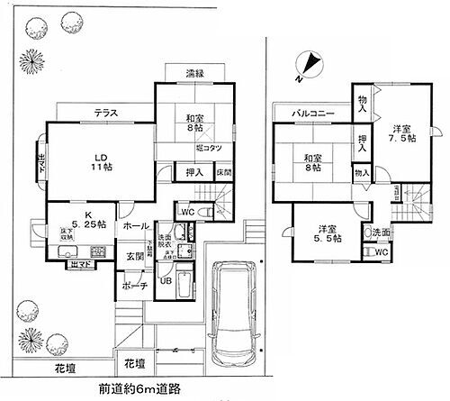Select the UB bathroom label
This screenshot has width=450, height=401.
(x=166, y=279)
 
